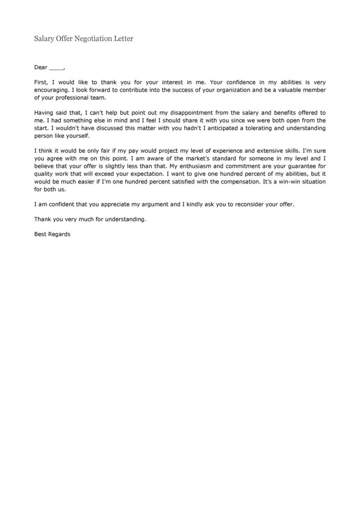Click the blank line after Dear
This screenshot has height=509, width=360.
(x=56, y=68)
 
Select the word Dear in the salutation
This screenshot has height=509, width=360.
(x=41, y=67)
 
